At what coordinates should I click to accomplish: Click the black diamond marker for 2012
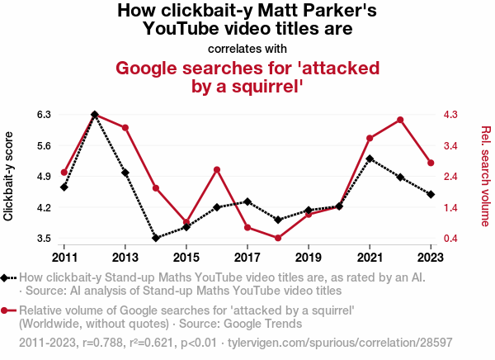coord(95,114)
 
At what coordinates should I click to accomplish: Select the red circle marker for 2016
coord(217,170)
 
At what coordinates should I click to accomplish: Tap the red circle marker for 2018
coord(278,238)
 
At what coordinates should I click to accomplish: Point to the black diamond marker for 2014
coord(156,238)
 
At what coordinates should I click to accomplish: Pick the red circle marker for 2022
coord(400,120)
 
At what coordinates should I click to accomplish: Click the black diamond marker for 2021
coord(370,159)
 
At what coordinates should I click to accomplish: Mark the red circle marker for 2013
coord(125,128)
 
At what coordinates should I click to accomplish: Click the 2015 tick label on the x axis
coord(186,257)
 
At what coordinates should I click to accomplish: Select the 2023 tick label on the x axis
coord(431,257)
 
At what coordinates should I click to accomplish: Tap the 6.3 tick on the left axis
coord(43,114)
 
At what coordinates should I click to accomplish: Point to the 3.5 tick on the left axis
coord(43,238)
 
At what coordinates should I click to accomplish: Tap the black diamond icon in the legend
coord(7,278)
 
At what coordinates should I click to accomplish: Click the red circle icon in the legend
coord(7,310)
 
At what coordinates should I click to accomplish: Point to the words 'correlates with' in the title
coord(247,48)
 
